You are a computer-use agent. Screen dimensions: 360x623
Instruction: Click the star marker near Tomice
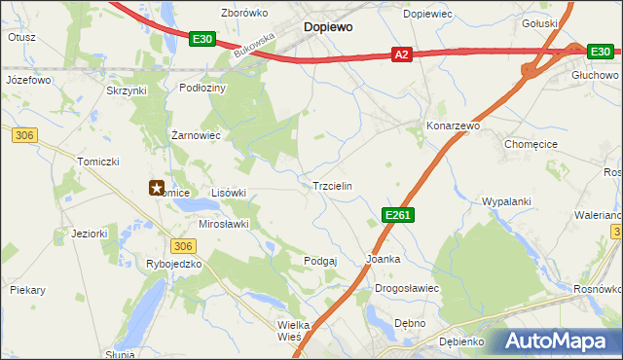156,188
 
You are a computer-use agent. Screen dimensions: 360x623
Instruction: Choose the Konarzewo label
454,126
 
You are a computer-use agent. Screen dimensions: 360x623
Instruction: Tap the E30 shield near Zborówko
202,38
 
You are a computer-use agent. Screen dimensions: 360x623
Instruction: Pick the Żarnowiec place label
196,135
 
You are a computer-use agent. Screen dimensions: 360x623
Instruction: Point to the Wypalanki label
506,201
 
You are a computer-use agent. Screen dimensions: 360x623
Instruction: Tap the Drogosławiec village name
408,289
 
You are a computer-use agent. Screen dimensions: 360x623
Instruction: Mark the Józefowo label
27,81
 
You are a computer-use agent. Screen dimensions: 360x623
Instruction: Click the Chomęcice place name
530,144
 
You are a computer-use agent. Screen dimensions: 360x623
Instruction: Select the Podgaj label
320,261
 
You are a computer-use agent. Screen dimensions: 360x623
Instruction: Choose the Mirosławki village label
225,224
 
